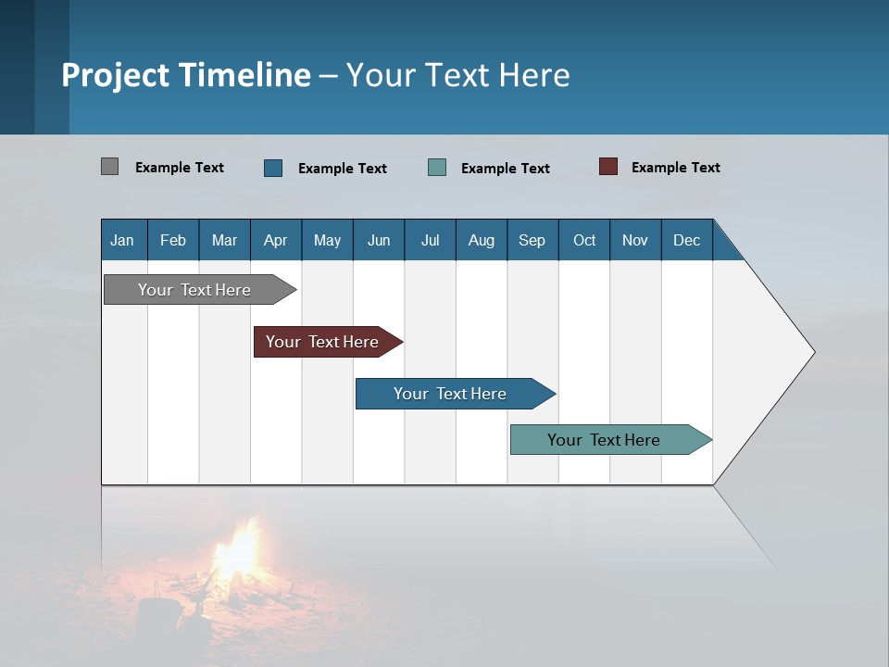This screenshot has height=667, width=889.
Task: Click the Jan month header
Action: coord(122,240)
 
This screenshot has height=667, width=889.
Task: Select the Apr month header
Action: coord(275,240)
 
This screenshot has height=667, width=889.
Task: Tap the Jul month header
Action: coord(430,240)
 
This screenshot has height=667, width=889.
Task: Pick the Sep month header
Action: coord(532,240)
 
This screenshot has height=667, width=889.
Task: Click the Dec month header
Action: coord(686,240)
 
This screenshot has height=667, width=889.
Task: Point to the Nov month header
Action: coord(634,240)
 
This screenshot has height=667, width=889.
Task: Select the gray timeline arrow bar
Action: coord(194,290)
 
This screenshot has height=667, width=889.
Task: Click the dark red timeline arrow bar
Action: coord(322,342)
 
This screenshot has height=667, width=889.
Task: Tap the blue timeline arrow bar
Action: coord(450,394)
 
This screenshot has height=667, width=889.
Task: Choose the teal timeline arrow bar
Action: coord(604,440)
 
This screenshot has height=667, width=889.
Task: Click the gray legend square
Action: coord(109,167)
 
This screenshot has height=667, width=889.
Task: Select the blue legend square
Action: coord(273,168)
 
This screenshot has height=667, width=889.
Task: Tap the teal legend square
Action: coord(437,168)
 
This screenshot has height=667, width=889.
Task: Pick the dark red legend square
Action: coord(607,167)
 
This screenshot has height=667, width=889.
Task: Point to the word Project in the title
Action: coord(115,75)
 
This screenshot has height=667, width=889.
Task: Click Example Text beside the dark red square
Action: coord(675,168)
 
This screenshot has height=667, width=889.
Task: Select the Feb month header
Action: coord(172,240)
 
